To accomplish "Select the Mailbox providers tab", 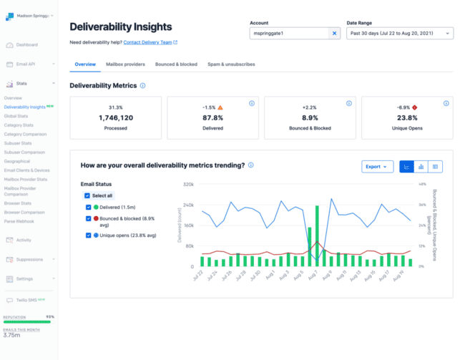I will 125,64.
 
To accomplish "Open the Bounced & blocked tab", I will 176,64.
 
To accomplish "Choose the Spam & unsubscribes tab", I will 231,64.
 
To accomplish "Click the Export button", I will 377,167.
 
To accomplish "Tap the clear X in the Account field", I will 335,33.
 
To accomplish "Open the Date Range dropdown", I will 399,33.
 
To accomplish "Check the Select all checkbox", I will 87,195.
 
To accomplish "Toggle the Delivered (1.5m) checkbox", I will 89,207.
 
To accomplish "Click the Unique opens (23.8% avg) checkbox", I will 89,235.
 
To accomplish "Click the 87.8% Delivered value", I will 212,117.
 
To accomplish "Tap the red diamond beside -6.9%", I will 415,107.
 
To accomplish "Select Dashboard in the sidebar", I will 26,44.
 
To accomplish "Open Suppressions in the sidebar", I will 29,260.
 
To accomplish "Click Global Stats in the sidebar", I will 16,116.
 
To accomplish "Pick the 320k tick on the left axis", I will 189,184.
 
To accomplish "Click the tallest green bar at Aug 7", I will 316,236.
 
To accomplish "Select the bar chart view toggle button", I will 421,167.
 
